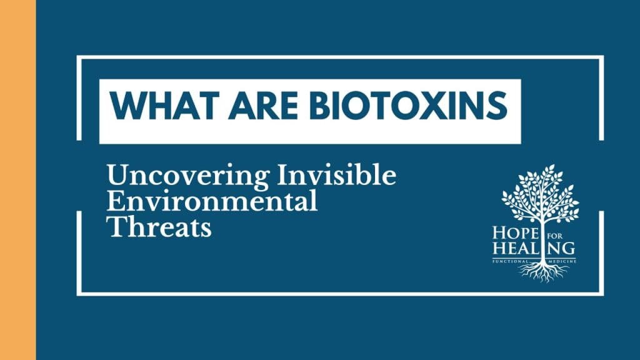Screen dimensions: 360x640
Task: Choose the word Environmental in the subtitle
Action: point(212,202)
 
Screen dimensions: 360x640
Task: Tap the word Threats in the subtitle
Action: point(159,227)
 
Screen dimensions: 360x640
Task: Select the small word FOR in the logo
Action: point(555,231)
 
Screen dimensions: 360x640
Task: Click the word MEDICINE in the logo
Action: point(561,259)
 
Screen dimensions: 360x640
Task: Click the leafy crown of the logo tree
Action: point(541,191)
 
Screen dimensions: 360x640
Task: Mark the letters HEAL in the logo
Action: point(514,248)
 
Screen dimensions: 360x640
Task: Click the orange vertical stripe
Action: point(17,180)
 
